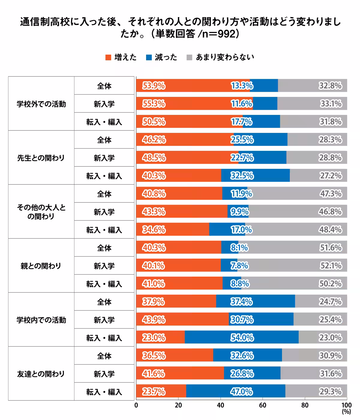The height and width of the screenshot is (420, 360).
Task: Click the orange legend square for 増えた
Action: click(108, 57)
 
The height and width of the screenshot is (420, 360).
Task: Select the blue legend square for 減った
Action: click(149, 57)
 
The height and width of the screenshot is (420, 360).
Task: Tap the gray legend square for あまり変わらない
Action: click(189, 57)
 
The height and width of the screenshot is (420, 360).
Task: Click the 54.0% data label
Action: click(242, 338)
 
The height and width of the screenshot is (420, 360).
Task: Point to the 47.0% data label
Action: click(241, 392)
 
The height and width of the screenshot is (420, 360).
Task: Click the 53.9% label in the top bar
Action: click(154, 86)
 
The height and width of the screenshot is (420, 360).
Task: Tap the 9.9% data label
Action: click(239, 212)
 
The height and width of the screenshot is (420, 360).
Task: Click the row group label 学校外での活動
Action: click(41, 104)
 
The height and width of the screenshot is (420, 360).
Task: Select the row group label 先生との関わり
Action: click(41, 158)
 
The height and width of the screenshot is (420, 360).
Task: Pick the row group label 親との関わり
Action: click(41, 266)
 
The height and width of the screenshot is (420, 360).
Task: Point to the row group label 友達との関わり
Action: click(41, 374)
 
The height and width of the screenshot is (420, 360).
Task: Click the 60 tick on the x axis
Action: click(262, 405)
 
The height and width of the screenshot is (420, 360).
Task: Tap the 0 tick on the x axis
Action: click(136, 405)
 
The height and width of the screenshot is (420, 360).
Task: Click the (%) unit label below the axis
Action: click(346, 412)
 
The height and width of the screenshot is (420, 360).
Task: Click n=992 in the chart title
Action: click(218, 34)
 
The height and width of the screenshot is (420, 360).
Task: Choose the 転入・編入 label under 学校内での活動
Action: click(104, 338)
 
